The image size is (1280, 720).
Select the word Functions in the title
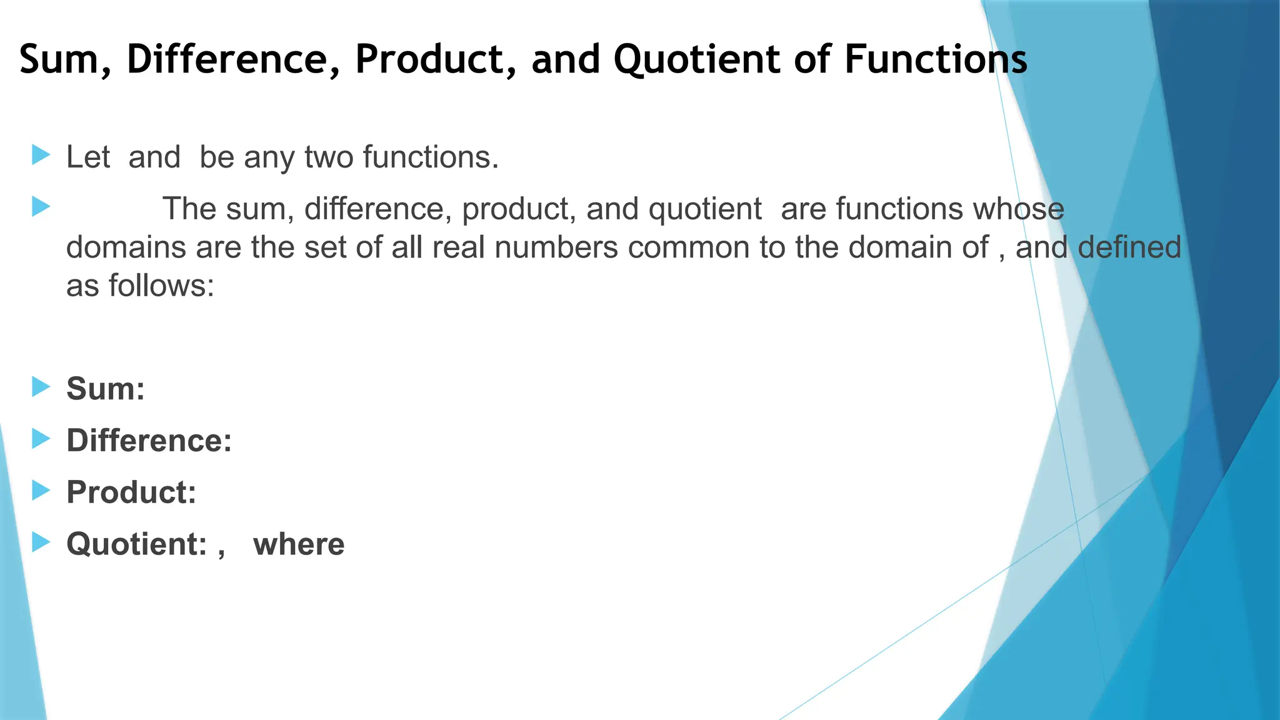[936, 59]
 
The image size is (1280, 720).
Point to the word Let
[88, 157]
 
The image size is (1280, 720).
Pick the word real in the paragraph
[458, 247]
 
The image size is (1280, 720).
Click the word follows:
[161, 286]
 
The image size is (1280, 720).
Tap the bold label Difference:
[149, 441]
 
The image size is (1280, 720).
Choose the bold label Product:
[131, 492]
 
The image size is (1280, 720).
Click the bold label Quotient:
[136, 544]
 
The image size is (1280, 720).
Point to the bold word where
[299, 544]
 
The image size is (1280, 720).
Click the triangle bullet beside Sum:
[41, 386]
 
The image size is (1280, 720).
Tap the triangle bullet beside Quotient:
[41, 542]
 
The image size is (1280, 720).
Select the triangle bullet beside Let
[41, 155]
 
